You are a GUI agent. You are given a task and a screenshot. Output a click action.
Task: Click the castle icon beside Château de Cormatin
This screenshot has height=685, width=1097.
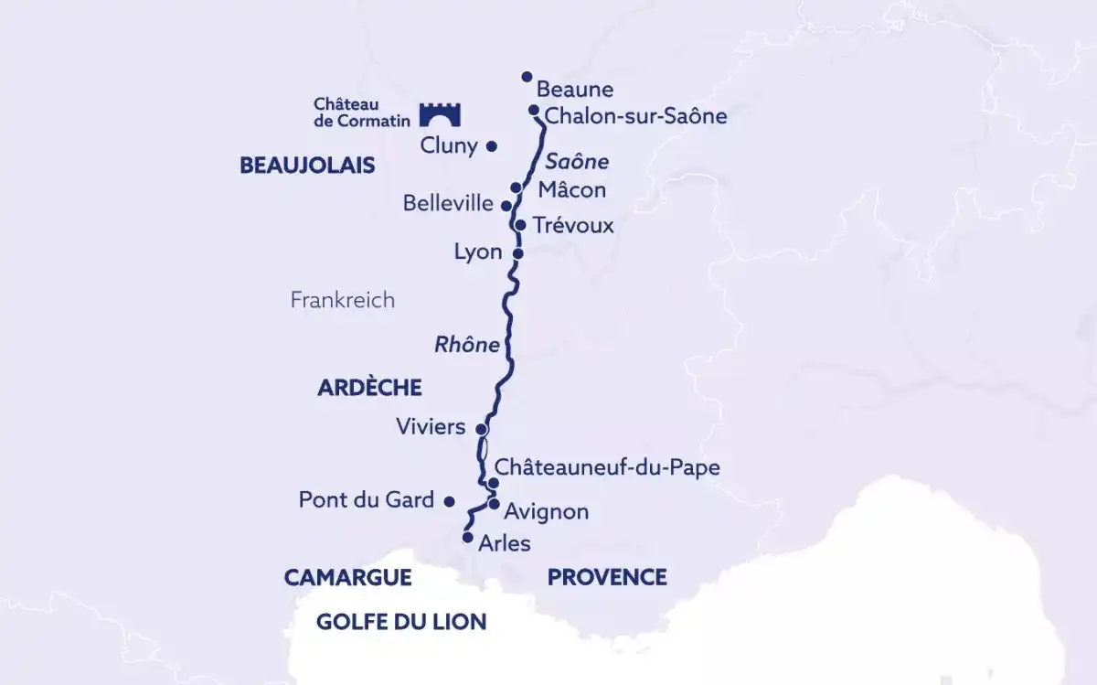coord(440,114)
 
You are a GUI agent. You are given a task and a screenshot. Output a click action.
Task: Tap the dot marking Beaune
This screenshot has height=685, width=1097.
coord(527,77)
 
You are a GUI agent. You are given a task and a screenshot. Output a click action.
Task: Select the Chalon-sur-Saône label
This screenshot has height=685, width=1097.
coord(635,116)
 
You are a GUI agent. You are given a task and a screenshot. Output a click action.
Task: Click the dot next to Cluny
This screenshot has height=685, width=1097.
coord(491,145)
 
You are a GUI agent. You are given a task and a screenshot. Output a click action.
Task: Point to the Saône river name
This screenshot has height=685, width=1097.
coord(576,162)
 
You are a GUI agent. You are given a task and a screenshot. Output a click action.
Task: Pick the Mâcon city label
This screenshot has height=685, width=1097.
coord(571,189)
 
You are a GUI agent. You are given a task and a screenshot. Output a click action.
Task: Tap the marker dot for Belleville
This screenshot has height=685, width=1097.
coord(506,206)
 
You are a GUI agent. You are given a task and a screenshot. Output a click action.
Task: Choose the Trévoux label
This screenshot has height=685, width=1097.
coord(573,224)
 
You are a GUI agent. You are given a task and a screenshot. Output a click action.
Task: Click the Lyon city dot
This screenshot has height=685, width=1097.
coord(517,253)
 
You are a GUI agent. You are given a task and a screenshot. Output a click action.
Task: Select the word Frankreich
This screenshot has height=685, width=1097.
coord(343,300)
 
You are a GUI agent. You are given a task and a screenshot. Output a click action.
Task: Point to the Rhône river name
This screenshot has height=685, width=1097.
coord(467,345)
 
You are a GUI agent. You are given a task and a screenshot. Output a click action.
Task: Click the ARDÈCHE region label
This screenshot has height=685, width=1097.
coord(369,388)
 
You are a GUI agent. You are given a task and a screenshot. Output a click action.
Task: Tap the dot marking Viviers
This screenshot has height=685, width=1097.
coord(482,427)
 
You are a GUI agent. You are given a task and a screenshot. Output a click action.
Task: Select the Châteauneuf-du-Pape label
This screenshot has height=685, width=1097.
coord(607,467)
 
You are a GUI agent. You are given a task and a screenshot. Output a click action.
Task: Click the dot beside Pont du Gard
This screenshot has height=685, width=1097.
coord(449,501)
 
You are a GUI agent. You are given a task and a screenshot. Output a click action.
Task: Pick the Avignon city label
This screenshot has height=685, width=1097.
coord(546,511)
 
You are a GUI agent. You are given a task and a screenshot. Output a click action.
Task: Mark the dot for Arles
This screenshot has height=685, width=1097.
coord(468,538)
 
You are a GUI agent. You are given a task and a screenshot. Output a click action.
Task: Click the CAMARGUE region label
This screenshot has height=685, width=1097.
coord(347,577)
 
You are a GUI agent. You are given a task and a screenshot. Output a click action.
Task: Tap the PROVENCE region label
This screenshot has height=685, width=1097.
coord(607,577)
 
